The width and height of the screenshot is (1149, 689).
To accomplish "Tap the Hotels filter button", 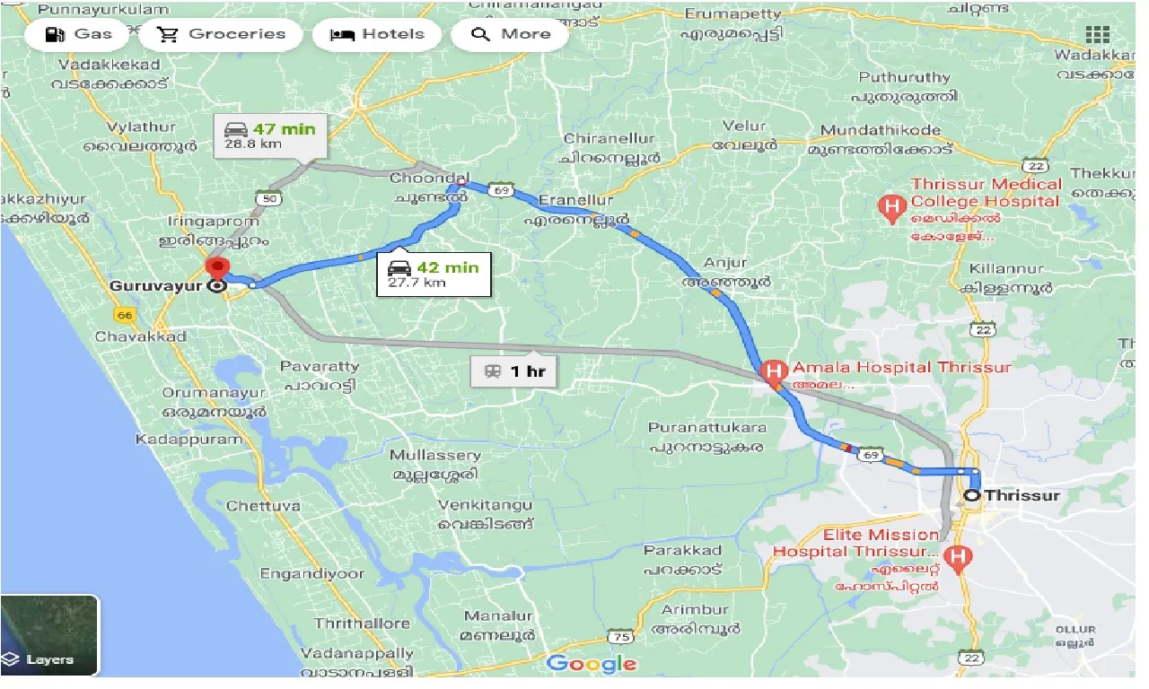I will pyautogui.click(x=377, y=35).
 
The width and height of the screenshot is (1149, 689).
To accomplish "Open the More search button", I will pyautogui.click(x=511, y=35).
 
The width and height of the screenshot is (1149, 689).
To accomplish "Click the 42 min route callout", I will pyautogui.click(x=434, y=275).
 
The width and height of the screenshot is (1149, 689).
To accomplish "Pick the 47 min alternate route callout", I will pyautogui.click(x=270, y=136).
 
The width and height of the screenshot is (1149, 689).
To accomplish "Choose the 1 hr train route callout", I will pyautogui.click(x=515, y=371).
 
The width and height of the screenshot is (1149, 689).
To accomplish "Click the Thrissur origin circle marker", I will pyautogui.click(x=972, y=495).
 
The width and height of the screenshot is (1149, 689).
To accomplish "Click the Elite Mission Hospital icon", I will pyautogui.click(x=959, y=559).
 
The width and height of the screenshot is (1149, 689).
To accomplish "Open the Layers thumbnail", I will pyautogui.click(x=49, y=635).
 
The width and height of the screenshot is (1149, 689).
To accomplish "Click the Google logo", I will pyautogui.click(x=592, y=664).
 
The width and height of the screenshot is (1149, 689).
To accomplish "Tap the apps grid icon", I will pyautogui.click(x=1098, y=35).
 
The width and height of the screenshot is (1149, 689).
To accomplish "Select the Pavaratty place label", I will pyautogui.click(x=319, y=366).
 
